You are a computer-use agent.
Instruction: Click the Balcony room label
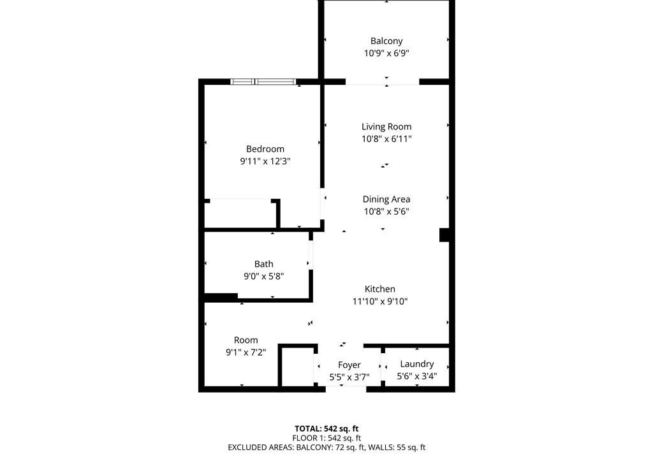click(x=386, y=41)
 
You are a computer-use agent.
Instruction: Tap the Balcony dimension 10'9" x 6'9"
click(x=386, y=53)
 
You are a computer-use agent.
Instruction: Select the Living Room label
click(x=386, y=127)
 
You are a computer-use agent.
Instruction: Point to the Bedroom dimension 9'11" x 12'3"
click(x=265, y=161)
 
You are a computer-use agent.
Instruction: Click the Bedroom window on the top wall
click(x=263, y=82)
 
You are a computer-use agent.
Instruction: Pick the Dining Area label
click(x=386, y=199)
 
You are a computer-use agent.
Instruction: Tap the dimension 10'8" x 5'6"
click(x=386, y=211)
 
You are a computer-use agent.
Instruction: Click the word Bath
click(x=263, y=264)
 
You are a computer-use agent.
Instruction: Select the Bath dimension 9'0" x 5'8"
click(x=263, y=276)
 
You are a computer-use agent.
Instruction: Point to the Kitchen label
click(x=380, y=289)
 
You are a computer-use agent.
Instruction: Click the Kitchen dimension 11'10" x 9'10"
click(x=380, y=301)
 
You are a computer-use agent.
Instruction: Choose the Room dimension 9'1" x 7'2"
click(x=246, y=353)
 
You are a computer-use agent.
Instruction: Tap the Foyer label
click(x=349, y=365)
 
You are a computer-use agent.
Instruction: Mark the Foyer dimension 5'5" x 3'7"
click(x=349, y=377)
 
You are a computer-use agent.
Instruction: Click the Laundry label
click(x=417, y=364)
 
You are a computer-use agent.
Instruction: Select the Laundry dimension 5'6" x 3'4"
click(x=417, y=376)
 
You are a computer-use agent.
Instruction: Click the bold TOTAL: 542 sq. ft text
click(x=326, y=428)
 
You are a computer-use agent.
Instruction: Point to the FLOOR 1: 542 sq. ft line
click(x=326, y=438)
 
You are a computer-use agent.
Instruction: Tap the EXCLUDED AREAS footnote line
click(x=326, y=448)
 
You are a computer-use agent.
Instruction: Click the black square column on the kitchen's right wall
click(x=444, y=235)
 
